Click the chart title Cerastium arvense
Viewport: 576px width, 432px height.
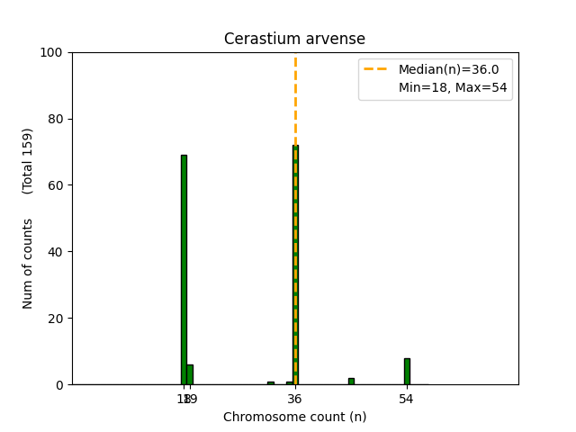294,39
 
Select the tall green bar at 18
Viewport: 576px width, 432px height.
184,270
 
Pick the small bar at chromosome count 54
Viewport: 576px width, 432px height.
407,372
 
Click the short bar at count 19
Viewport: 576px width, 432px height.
190,374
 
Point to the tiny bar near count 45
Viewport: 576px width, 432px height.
351,382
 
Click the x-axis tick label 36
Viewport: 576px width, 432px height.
295,398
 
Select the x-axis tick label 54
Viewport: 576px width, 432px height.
407,398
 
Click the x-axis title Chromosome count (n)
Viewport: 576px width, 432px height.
294,417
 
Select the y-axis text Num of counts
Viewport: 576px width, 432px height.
28,264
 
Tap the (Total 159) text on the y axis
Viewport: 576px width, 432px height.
28,160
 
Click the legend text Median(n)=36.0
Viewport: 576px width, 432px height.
442,69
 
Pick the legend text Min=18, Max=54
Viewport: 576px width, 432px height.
442,87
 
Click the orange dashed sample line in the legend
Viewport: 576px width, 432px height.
376,69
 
